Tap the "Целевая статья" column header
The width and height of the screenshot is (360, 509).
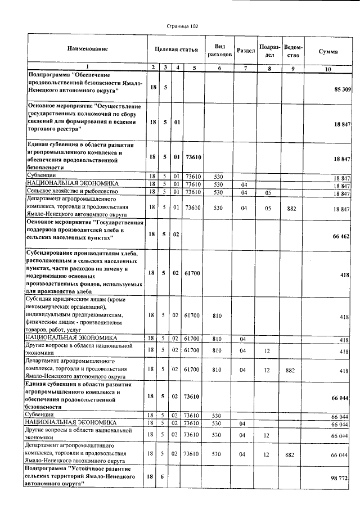click(x=176, y=49)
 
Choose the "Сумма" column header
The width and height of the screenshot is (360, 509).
click(x=328, y=51)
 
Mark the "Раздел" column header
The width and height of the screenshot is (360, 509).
click(x=246, y=50)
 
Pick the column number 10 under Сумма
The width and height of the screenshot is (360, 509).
click(x=328, y=69)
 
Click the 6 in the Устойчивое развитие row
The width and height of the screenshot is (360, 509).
click(x=165, y=476)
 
